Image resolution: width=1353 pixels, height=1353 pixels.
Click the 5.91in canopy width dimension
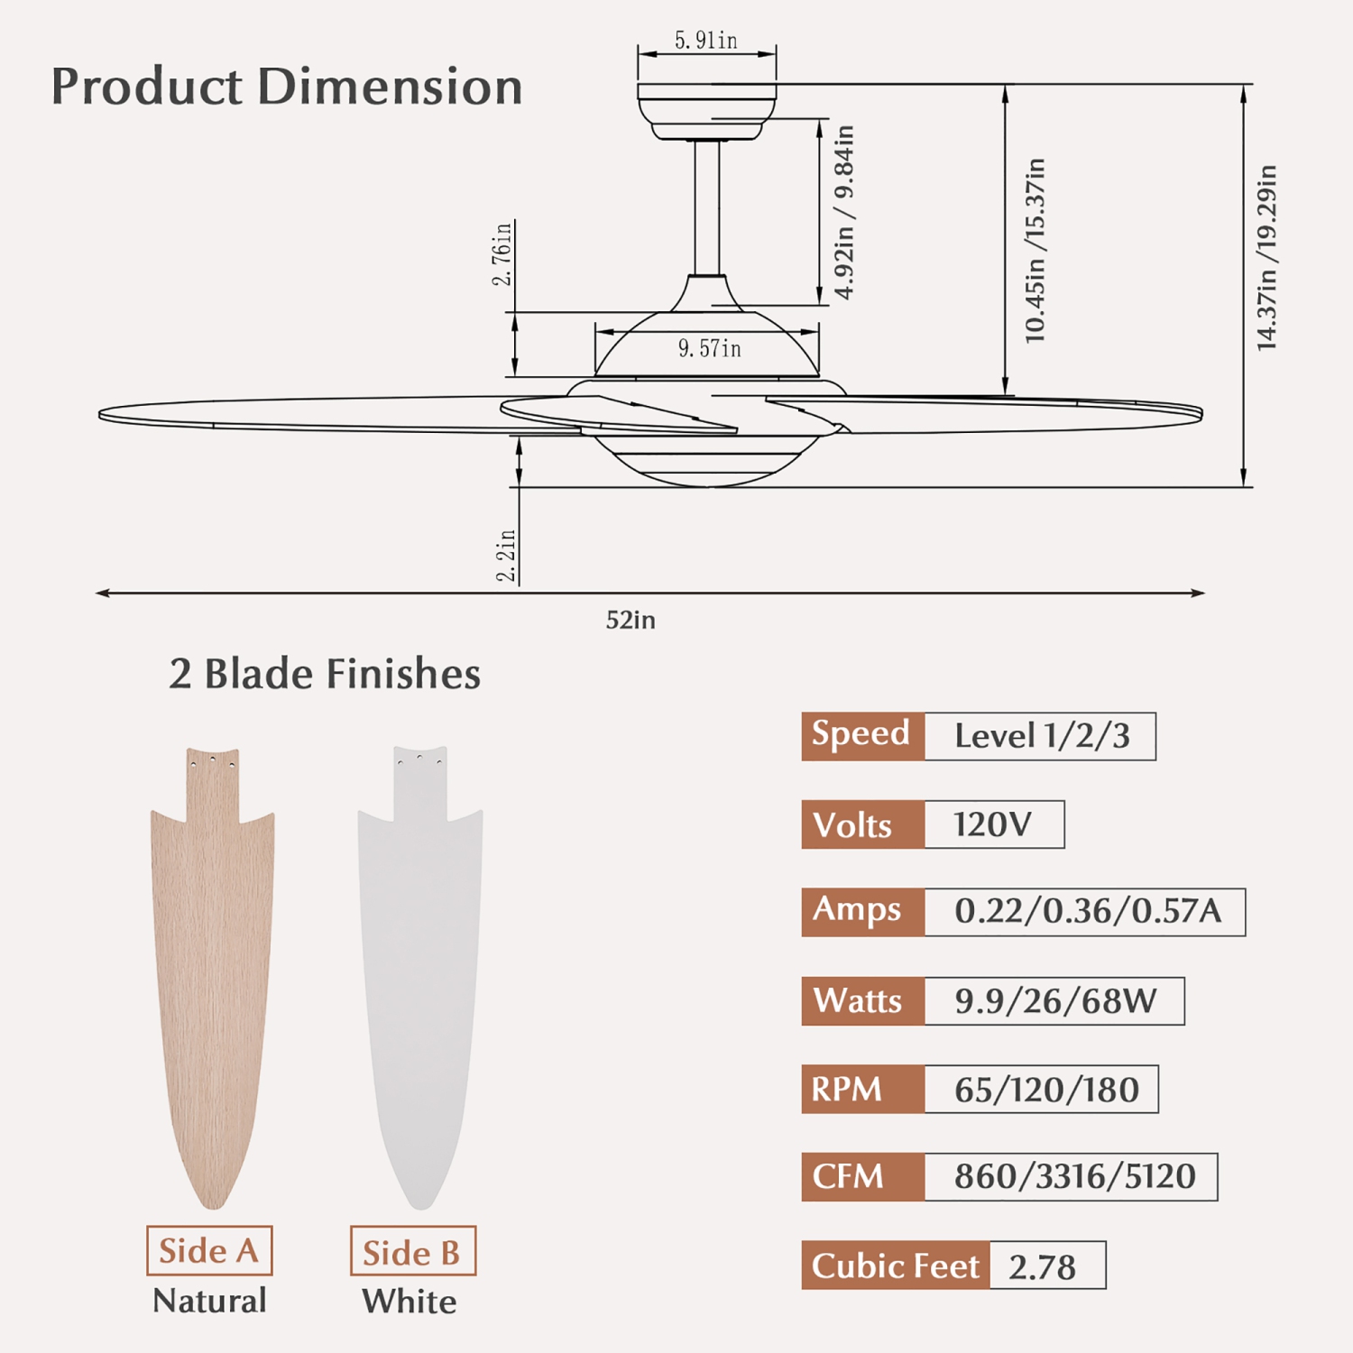[705, 41]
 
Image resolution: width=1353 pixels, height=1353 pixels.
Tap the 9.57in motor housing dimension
[709, 348]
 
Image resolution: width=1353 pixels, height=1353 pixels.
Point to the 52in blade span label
[630, 621]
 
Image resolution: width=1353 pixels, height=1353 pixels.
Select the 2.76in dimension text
[502, 254]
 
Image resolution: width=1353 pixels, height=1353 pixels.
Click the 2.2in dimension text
[506, 556]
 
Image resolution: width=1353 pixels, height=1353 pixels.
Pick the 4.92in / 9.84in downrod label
[844, 212]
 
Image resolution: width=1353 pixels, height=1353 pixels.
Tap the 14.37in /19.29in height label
[1266, 258]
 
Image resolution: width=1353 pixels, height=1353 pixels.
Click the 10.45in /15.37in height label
[1035, 251]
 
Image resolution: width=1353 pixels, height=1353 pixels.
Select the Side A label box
[209, 1250]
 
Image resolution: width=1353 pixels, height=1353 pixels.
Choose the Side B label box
[412, 1251]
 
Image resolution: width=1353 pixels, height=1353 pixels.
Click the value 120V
[993, 824]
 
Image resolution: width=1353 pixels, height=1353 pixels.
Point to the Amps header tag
[862, 912]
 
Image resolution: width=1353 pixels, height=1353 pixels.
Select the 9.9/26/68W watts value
[1054, 1001]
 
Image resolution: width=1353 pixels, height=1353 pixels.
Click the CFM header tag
[862, 1177]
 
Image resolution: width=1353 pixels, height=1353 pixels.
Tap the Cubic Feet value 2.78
[1044, 1266]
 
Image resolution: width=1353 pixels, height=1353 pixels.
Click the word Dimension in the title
[390, 87]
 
